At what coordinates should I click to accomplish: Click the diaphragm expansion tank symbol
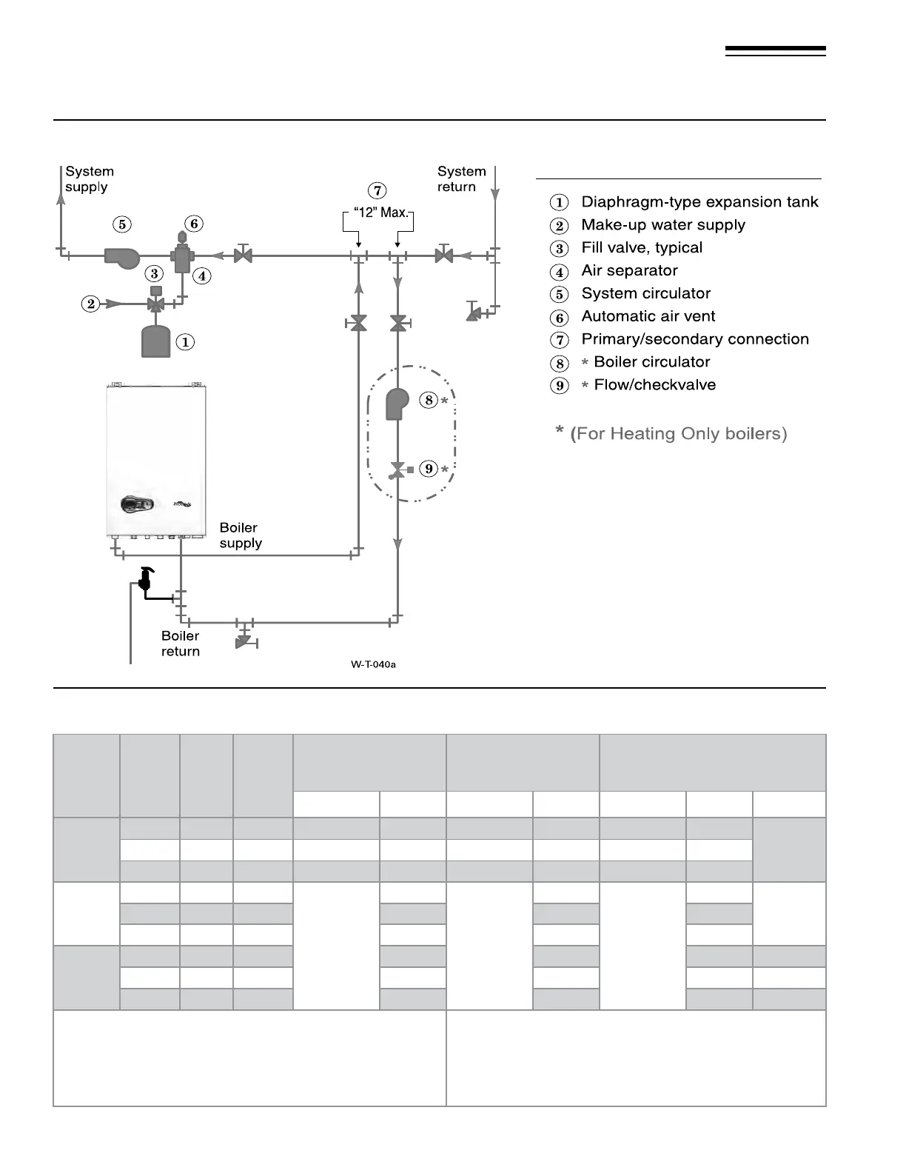(155, 341)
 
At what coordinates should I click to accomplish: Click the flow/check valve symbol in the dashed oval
(398, 469)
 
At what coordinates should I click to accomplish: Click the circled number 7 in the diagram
(377, 190)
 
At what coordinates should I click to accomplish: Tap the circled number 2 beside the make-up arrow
(91, 304)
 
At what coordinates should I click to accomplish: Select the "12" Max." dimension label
(381, 213)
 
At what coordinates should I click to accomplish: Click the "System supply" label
(90, 179)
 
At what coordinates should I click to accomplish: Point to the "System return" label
(461, 179)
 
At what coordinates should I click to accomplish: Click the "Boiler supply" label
(241, 535)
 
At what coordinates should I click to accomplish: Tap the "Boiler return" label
(181, 644)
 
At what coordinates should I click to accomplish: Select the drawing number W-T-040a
(373, 664)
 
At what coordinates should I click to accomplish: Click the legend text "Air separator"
(629, 271)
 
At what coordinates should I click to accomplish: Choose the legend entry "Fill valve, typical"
(642, 248)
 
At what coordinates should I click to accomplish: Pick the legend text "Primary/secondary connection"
(695, 339)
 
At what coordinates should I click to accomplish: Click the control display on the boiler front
(138, 505)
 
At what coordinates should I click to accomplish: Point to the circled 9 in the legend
(560, 386)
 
